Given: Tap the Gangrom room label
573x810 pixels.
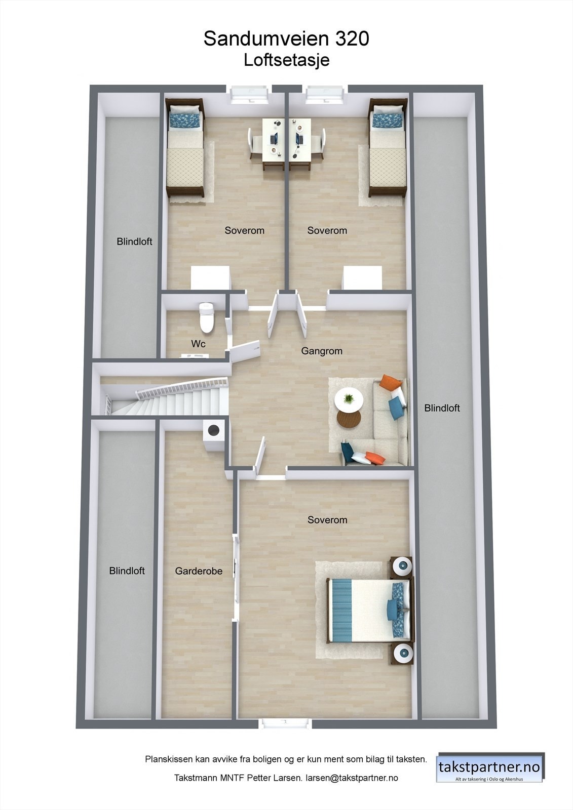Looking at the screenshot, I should click(x=322, y=351).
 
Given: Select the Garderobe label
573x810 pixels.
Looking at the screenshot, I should click(x=199, y=571).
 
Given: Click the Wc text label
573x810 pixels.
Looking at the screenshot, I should click(x=198, y=344).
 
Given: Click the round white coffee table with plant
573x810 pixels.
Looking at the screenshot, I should click(x=349, y=400).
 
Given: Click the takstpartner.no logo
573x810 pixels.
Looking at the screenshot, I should click(x=489, y=767).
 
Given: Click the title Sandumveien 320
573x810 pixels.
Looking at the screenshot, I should click(x=286, y=38).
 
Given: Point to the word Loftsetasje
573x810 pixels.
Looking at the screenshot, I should click(x=286, y=60).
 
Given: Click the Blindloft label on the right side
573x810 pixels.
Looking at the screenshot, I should click(x=442, y=408).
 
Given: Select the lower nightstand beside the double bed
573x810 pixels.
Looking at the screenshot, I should click(x=403, y=654).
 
